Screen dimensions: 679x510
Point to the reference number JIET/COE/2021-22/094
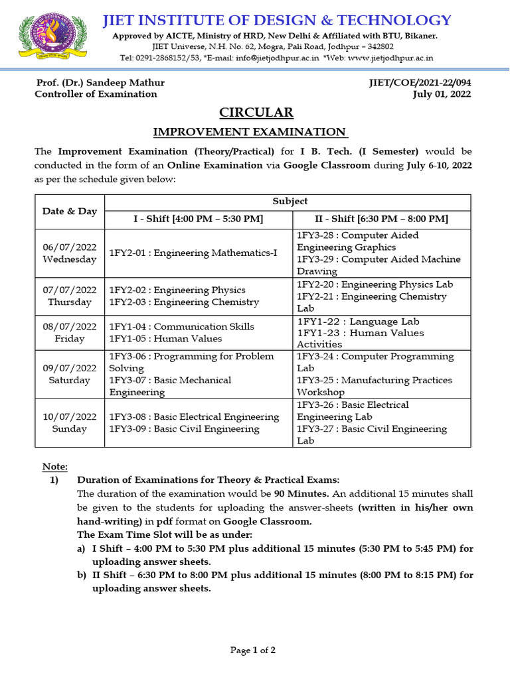pyautogui.click(x=420, y=83)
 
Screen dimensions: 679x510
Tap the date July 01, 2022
pyautogui.click(x=442, y=94)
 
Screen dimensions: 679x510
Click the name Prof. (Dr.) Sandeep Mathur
pyautogui.click(x=100, y=83)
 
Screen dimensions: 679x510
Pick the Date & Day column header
pyautogui.click(x=69, y=211)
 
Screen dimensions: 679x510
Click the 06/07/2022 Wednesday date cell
pyautogui.click(x=69, y=253)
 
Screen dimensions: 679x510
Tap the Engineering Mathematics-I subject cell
pyautogui.click(x=193, y=253)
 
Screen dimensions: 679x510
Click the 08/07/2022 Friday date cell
pyautogui.click(x=69, y=332)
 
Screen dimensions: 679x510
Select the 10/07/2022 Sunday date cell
pyautogui.click(x=69, y=422)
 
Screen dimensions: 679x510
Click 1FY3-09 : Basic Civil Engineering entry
pyautogui.click(x=185, y=428)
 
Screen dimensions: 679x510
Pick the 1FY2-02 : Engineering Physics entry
pyautogui.click(x=177, y=290)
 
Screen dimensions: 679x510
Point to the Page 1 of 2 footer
pyautogui.click(x=253, y=650)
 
